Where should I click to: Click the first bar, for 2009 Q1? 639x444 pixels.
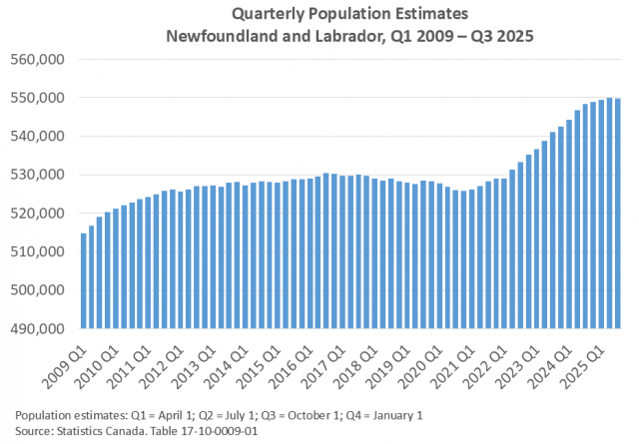(83, 280)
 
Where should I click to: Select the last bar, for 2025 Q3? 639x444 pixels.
(619, 214)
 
